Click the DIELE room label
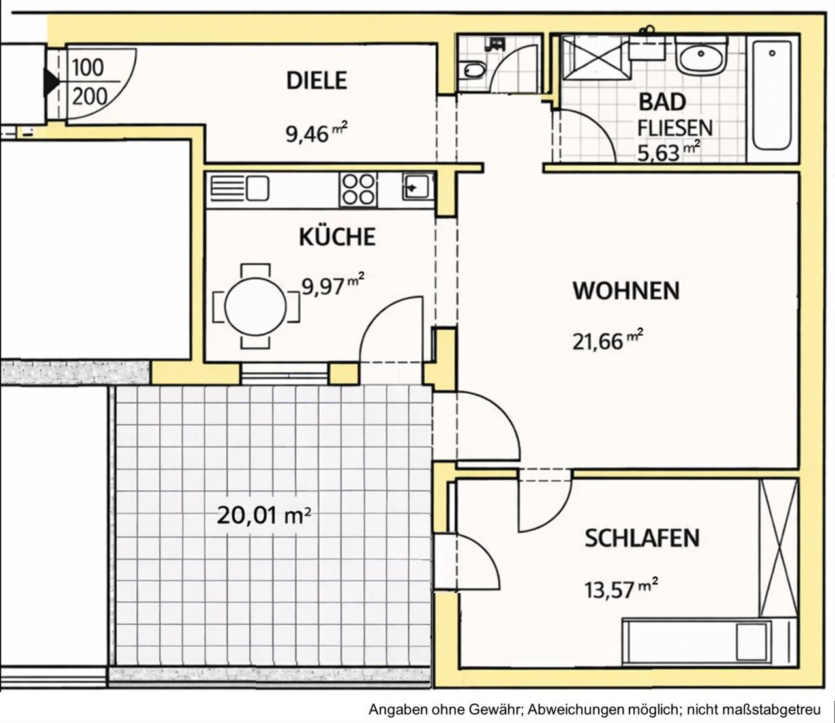point(316,81)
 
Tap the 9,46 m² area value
point(316,133)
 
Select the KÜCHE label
point(337,237)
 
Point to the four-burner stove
point(358,189)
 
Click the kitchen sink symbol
point(417,186)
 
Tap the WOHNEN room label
point(626,291)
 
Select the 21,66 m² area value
point(607,340)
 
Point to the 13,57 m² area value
point(621,588)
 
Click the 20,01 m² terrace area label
point(264,516)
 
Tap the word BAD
point(662,102)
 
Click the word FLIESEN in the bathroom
point(675,128)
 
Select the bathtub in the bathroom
point(772,99)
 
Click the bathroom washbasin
point(702,57)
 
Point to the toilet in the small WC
point(473,71)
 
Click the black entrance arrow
point(51,82)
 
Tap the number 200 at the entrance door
point(89,97)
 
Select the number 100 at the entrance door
point(87,67)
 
